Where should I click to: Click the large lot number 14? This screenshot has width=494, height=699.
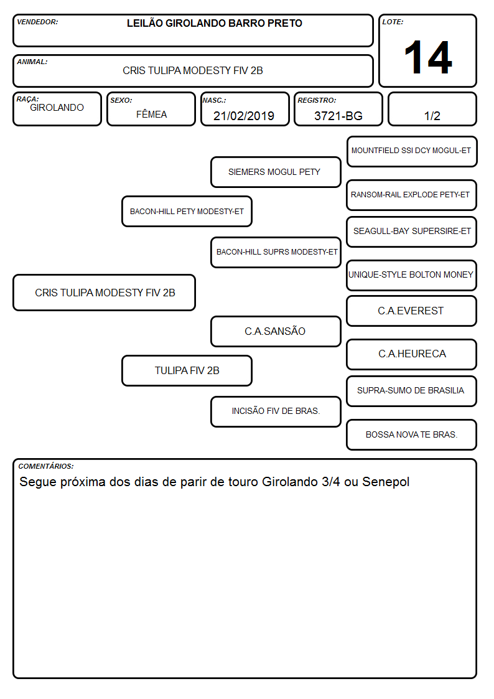[428, 57]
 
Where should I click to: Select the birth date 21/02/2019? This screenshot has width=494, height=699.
[244, 116]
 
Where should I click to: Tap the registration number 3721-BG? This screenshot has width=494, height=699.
[338, 116]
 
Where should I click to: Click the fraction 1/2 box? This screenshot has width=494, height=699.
[432, 109]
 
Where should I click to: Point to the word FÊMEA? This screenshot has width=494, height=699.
[151, 114]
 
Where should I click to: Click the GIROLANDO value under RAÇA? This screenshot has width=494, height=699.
[57, 108]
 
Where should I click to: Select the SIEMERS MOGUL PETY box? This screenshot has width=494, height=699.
[276, 172]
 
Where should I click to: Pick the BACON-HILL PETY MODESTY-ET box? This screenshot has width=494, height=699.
[187, 211]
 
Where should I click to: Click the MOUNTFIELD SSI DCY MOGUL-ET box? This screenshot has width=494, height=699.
[412, 152]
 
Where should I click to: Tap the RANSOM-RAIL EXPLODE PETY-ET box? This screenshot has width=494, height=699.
[412, 195]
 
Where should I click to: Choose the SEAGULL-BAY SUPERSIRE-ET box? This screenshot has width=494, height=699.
[412, 232]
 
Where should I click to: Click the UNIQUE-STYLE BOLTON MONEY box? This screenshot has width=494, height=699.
[412, 275]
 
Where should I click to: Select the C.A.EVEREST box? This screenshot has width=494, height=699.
[412, 311]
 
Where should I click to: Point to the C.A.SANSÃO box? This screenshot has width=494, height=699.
[276, 331]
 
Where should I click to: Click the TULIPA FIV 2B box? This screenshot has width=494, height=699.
[187, 370]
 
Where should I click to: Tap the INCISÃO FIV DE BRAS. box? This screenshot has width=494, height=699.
[276, 411]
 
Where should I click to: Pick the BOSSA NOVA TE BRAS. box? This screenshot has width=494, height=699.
[412, 434]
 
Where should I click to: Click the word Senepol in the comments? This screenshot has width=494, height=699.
[386, 482]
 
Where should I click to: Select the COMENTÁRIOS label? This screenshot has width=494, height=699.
[46, 466]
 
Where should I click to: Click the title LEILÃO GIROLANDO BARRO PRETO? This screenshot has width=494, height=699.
[214, 23]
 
